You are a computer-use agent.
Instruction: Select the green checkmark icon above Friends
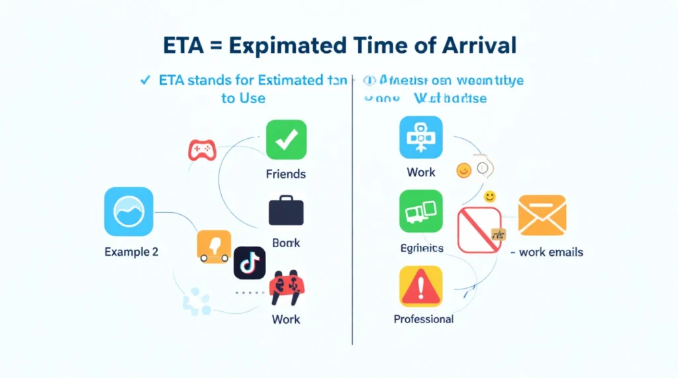pyautogui.click(x=286, y=140)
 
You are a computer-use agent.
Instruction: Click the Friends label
pyautogui.click(x=286, y=174)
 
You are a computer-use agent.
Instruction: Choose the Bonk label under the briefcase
pyautogui.click(x=286, y=243)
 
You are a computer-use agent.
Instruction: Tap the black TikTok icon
pyautogui.click(x=250, y=263)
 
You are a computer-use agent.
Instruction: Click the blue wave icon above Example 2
pyautogui.click(x=128, y=211)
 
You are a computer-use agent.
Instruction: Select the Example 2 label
pyautogui.click(x=131, y=252)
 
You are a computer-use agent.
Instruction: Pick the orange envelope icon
pyautogui.click(x=542, y=215)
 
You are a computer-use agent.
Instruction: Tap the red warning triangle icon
pyautogui.click(x=420, y=287)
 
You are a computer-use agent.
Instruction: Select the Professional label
pyautogui.click(x=424, y=319)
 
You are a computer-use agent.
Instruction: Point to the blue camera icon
pyautogui.click(x=421, y=137)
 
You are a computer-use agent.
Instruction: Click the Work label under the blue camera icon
pyautogui.click(x=421, y=172)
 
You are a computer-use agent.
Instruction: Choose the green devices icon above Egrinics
pyautogui.click(x=421, y=211)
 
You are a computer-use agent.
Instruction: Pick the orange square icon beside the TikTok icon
pyautogui.click(x=214, y=246)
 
